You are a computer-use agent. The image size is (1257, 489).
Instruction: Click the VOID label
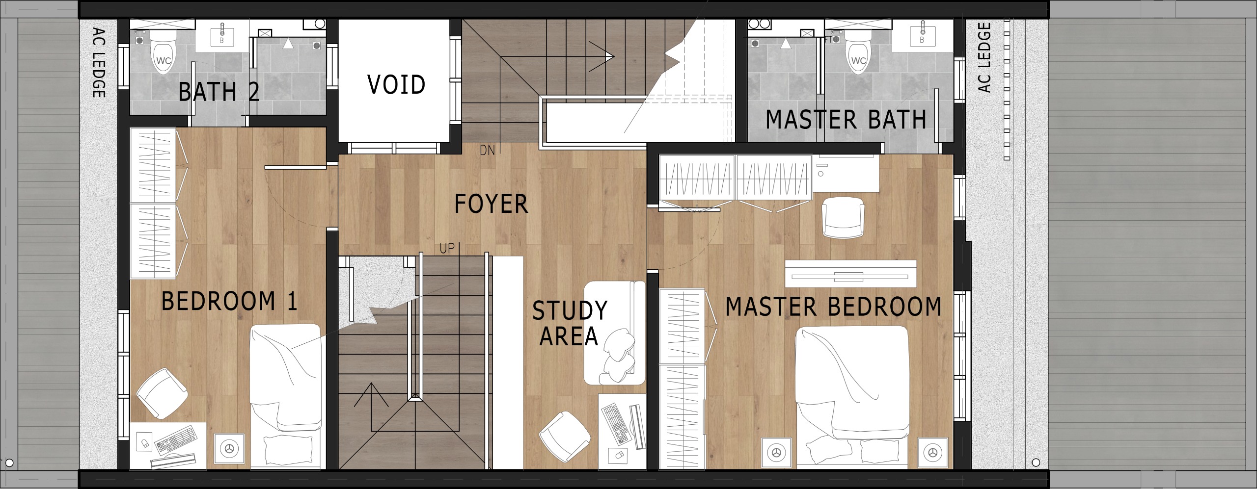pos(396,84)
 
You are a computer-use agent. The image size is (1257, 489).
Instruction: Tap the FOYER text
pos(491,204)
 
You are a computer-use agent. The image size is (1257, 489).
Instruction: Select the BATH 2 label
pos(219,92)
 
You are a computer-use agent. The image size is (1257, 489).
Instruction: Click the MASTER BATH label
pos(846,120)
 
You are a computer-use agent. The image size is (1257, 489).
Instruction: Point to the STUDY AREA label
pos(570,323)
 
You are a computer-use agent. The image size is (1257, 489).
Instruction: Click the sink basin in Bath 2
pos(221,36)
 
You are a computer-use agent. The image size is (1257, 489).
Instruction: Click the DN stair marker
pos(487,151)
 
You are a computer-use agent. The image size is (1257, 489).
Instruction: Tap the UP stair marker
pos(447,249)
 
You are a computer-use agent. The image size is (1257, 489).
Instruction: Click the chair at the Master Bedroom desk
pos(843,217)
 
